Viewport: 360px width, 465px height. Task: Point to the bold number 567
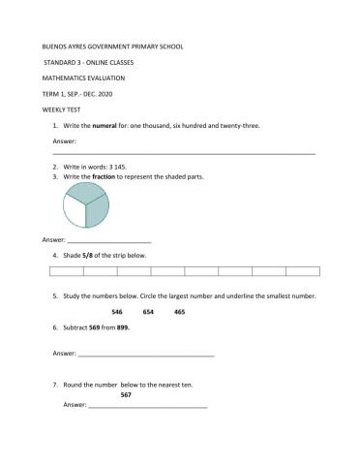coord(126,394)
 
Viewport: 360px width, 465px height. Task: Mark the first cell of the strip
coord(67,272)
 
